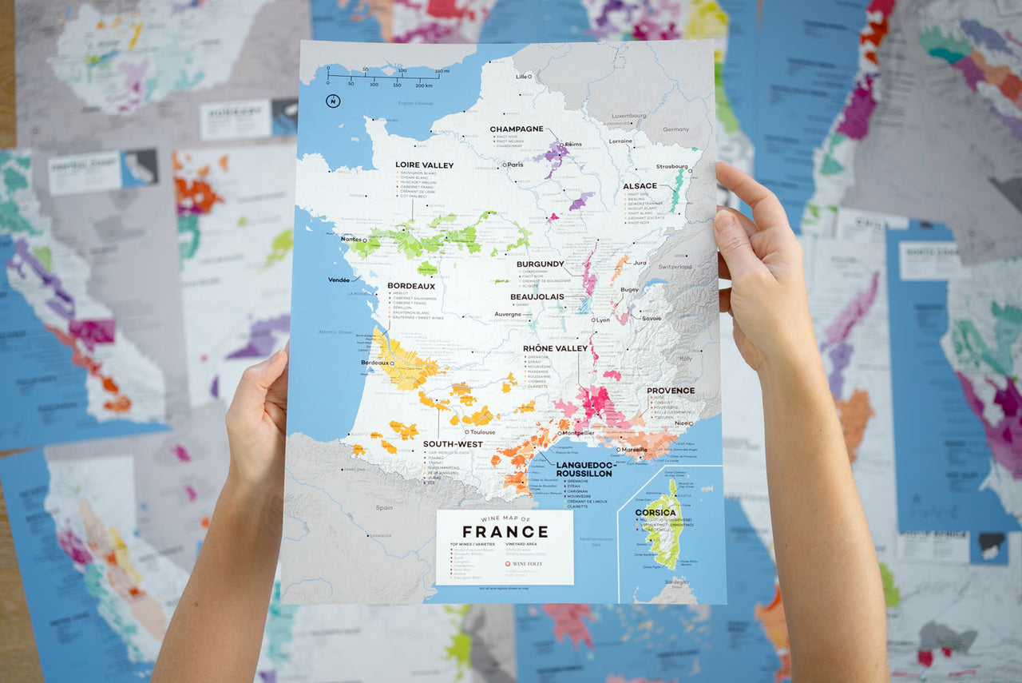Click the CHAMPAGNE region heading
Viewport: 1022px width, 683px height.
(516, 129)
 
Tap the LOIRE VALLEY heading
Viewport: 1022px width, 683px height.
(424, 165)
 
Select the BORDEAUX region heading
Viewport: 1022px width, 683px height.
(411, 285)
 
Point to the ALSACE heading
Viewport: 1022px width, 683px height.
(640, 186)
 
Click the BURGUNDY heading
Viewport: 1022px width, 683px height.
(540, 264)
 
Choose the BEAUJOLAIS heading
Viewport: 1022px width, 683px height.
(537, 296)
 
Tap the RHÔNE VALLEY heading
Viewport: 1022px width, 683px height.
(555, 348)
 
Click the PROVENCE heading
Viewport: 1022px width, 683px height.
(670, 391)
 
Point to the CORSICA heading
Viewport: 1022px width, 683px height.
(656, 512)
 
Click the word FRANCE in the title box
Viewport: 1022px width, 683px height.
(505, 532)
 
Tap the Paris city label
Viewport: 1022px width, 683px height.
(515, 165)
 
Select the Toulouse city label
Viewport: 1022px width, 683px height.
(483, 432)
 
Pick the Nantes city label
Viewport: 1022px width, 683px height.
(350, 239)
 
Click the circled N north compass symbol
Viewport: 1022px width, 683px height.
(332, 101)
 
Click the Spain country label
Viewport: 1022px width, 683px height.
(384, 507)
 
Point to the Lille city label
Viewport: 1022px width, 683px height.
(523, 77)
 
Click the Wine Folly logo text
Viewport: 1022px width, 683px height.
(527, 564)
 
